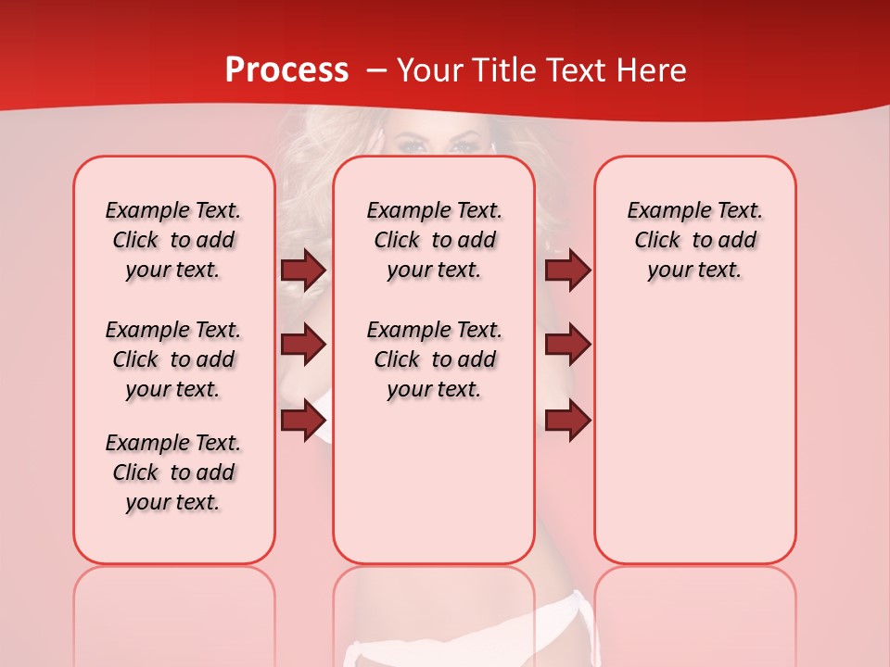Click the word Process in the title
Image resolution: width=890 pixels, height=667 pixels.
click(x=286, y=69)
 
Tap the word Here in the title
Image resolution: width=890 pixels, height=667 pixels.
click(x=653, y=69)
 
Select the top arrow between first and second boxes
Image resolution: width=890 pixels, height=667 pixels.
click(x=303, y=270)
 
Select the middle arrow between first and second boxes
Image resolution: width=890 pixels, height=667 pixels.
click(x=303, y=345)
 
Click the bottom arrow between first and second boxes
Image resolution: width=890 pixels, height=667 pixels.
click(x=303, y=420)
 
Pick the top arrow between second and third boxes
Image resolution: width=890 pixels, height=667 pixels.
click(x=567, y=270)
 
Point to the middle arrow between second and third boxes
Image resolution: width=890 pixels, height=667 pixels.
click(x=567, y=345)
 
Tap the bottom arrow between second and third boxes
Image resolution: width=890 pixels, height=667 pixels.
click(x=567, y=420)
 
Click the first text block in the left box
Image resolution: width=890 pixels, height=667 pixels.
click(x=173, y=240)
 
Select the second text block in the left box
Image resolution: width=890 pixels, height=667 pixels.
click(x=173, y=359)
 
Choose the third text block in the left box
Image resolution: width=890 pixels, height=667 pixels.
click(x=173, y=472)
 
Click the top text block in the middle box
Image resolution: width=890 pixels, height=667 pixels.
click(x=434, y=240)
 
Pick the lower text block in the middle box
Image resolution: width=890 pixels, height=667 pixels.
click(x=434, y=359)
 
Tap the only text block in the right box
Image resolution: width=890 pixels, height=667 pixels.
click(x=695, y=240)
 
